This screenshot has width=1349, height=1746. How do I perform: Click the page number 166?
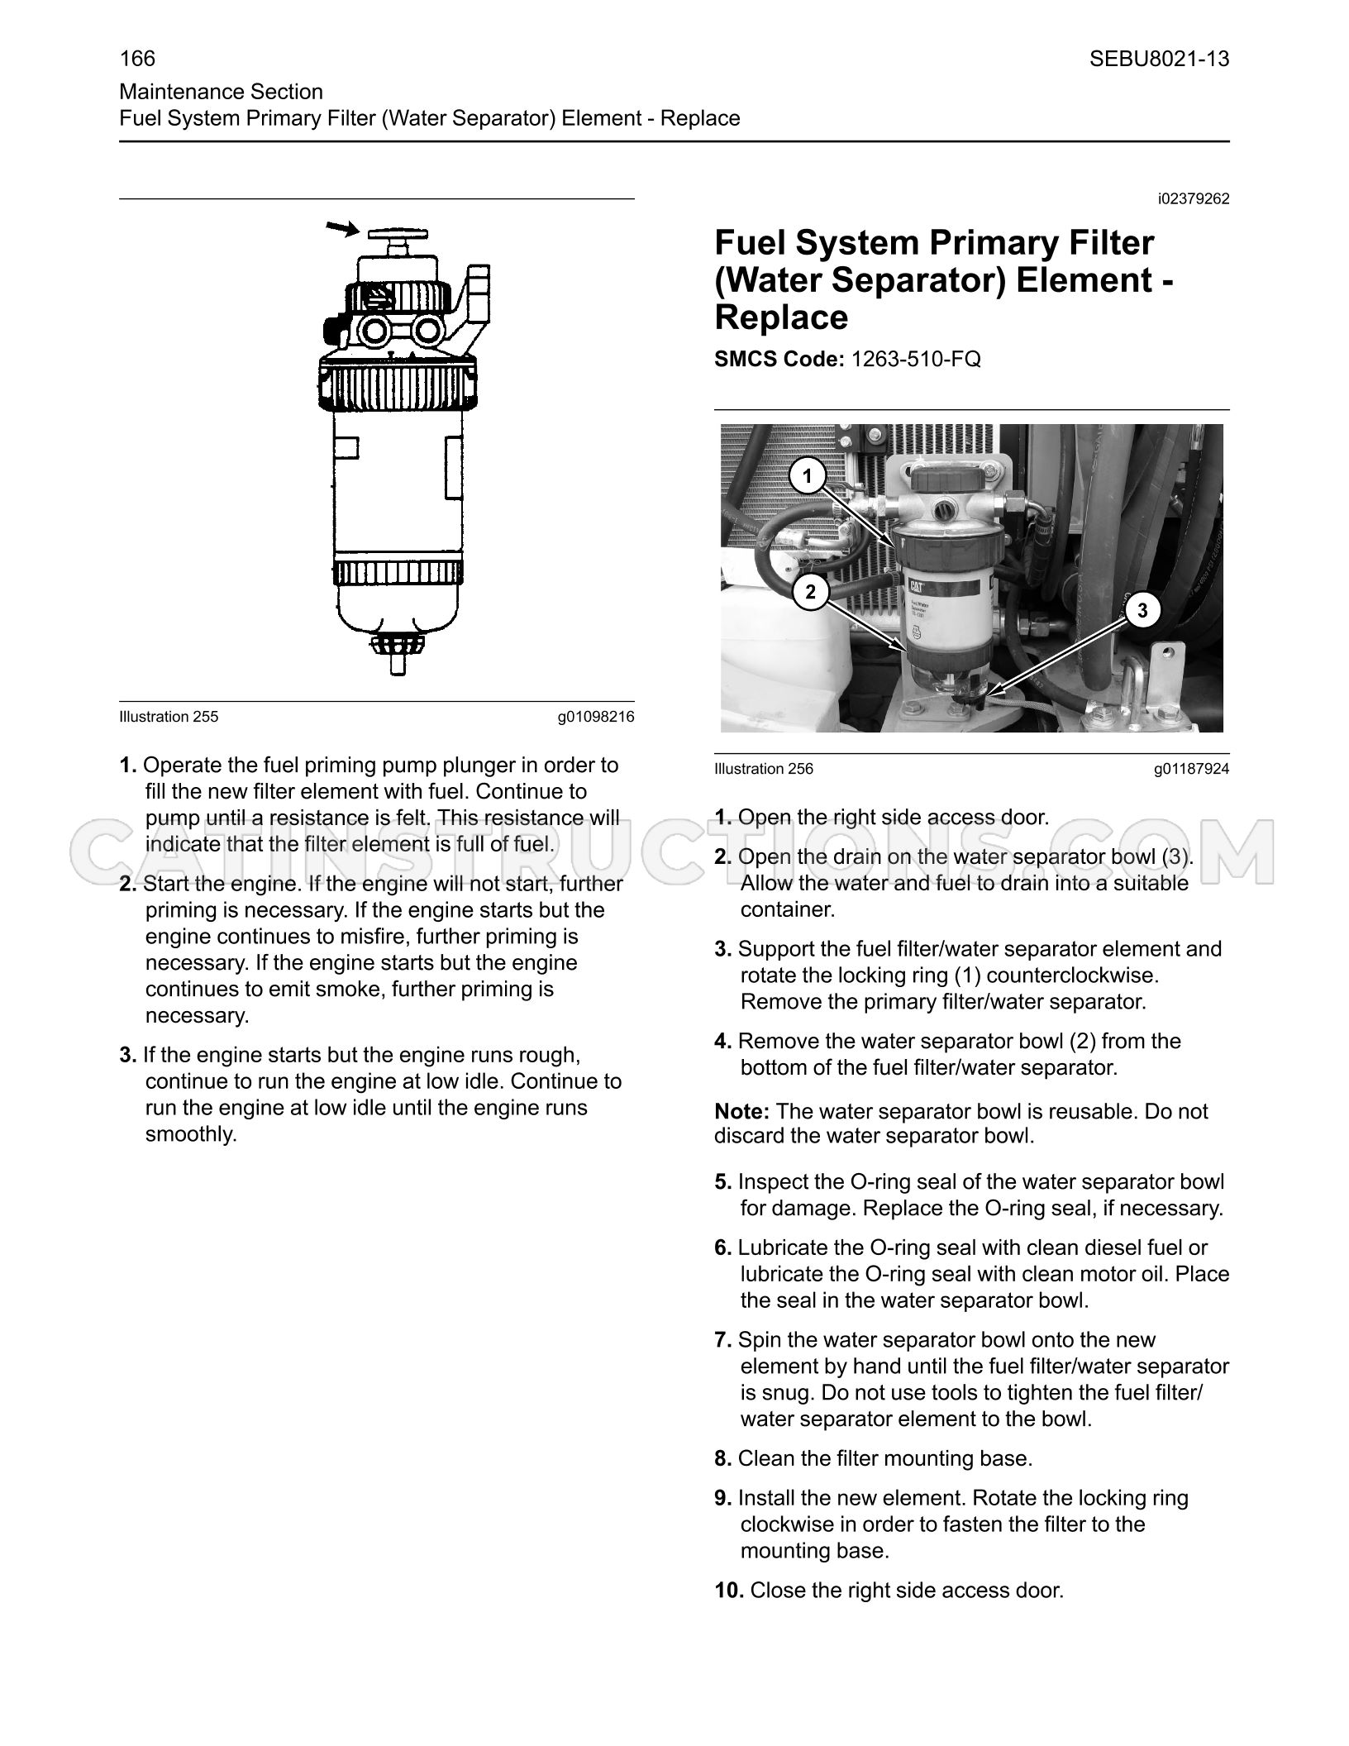(137, 59)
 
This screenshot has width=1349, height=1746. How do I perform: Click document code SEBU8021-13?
(1159, 59)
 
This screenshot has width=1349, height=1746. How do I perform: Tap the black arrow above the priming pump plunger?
(341, 229)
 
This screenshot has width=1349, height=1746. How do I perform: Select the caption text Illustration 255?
(169, 717)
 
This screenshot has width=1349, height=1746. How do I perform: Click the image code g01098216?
(596, 717)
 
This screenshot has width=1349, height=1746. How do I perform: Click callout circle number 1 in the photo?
(808, 476)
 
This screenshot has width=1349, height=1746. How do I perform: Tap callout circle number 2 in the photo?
(810, 592)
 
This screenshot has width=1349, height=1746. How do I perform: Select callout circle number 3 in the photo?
(1142, 611)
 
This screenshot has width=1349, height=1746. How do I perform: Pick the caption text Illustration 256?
(764, 769)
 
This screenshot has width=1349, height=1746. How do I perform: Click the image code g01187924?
(1191, 769)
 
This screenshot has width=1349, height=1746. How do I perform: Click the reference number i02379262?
(1194, 199)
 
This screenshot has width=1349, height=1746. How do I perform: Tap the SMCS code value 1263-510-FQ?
(910, 359)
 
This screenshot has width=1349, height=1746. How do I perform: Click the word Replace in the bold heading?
(781, 317)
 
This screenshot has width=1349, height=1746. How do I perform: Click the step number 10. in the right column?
(730, 1590)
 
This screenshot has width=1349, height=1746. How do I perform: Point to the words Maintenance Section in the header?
(221, 92)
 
